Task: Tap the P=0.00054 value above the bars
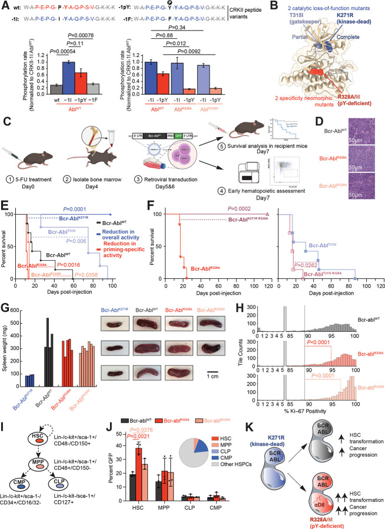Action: (x=50, y=51)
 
